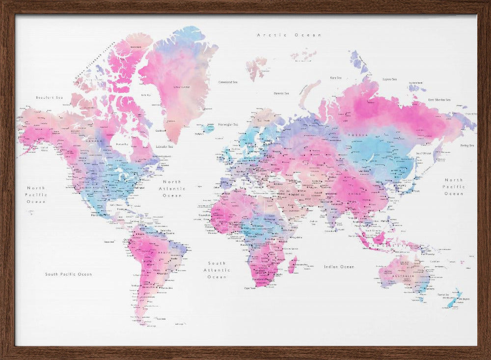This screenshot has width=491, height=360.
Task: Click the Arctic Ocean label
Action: point(289,35)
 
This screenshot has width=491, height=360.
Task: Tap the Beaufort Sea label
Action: point(50,97)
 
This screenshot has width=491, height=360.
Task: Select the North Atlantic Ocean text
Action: point(172,189)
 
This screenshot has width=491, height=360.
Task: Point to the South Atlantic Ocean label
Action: point(217,270)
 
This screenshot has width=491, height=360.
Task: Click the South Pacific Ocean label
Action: point(68,274)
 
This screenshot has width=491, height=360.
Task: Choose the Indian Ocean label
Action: point(339,267)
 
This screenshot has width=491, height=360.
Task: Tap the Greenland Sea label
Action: point(228,82)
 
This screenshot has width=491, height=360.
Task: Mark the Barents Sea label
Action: point(281,93)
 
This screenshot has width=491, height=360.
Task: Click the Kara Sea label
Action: point(336,78)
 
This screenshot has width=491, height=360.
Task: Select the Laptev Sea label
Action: point(389,79)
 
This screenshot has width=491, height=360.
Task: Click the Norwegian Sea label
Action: point(228,124)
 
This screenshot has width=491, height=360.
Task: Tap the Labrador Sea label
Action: point(164,146)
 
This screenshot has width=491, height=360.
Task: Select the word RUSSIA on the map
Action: point(354,135)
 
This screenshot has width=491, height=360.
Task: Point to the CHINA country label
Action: point(354,194)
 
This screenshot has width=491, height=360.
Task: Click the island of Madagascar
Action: point(293,265)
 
